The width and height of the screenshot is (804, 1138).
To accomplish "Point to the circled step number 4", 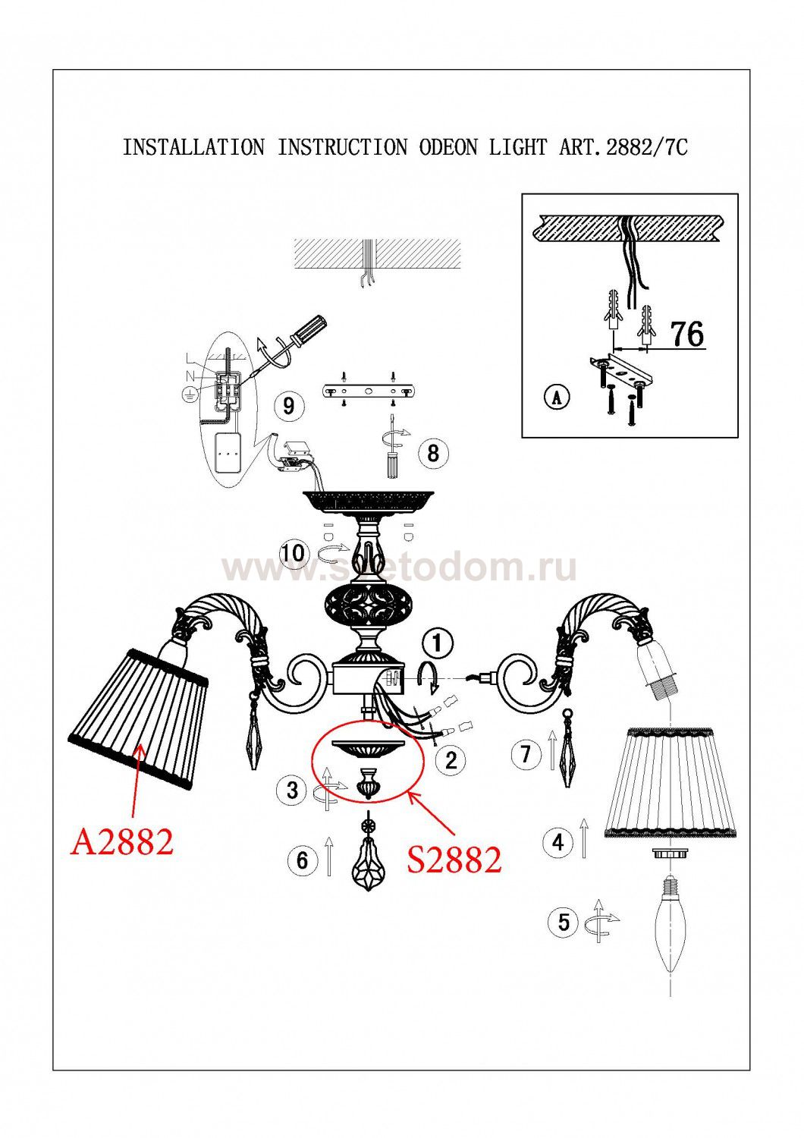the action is tap(558, 842).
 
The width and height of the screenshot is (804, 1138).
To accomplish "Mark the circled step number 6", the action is tap(303, 860).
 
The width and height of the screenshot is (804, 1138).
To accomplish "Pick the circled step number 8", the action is tap(433, 453).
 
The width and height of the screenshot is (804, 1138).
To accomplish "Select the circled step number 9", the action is tap(288, 406).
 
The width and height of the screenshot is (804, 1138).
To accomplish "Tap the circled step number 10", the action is tap(294, 553).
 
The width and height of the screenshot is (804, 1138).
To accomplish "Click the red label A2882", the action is tap(122, 842).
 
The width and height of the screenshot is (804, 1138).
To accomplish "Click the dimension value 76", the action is tap(687, 334).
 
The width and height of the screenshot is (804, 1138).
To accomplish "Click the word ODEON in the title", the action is tap(448, 147).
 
